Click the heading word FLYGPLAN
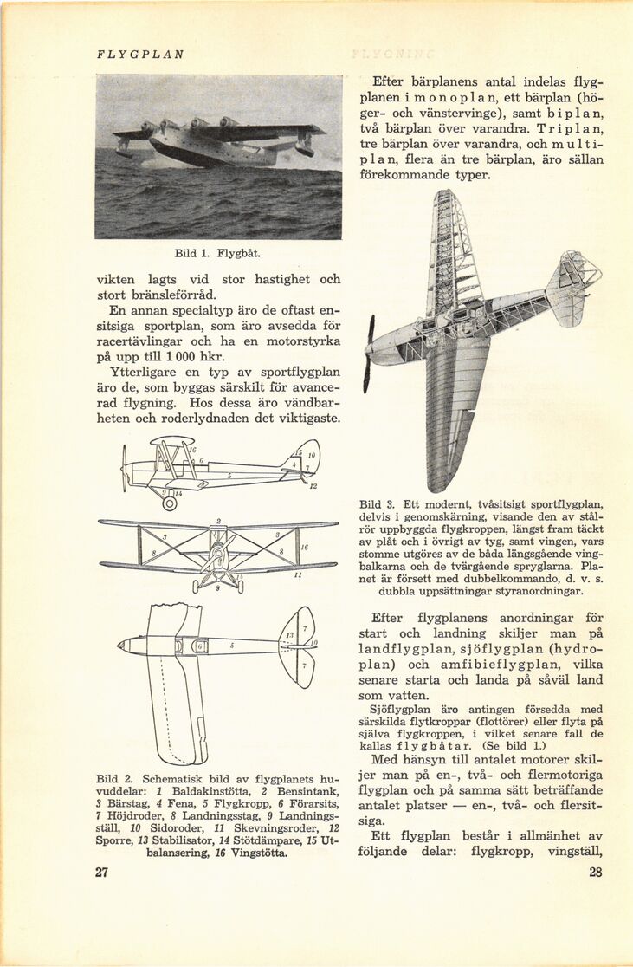click(140, 54)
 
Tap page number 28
click(595, 873)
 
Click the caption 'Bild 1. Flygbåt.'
click(217, 254)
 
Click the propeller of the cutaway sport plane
click(369, 354)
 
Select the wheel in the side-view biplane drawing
click(170, 503)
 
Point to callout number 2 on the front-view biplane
click(219, 521)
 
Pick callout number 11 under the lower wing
click(297, 574)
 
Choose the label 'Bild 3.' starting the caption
click(378, 504)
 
